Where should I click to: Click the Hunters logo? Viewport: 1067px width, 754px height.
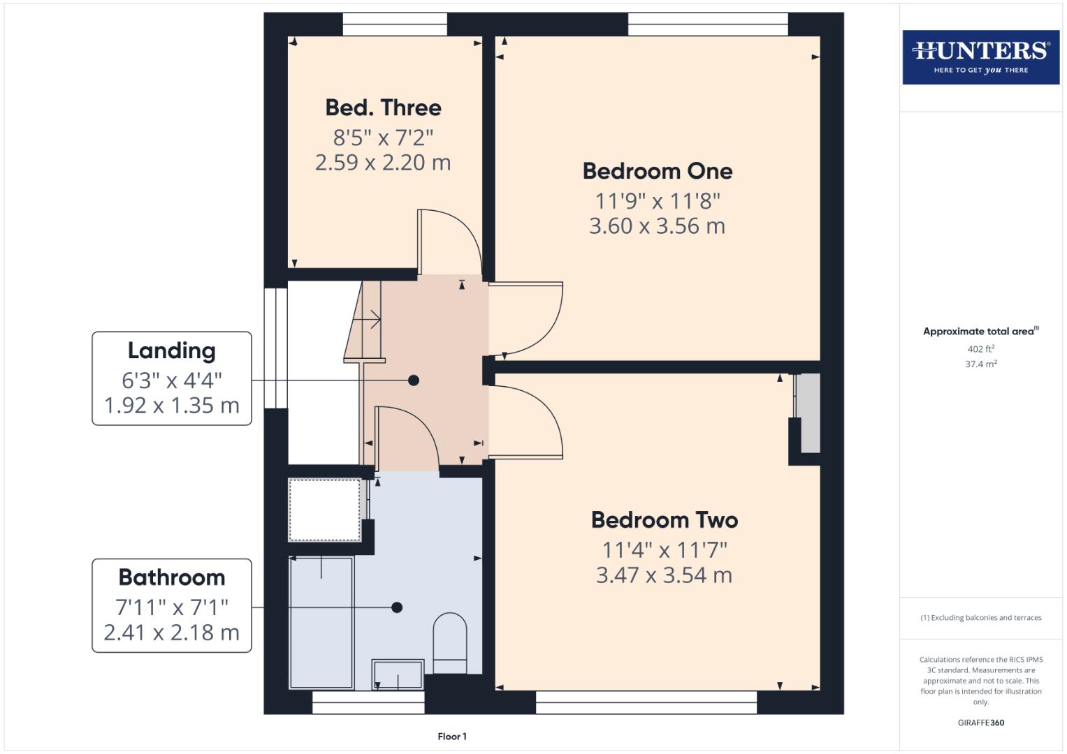point(980,57)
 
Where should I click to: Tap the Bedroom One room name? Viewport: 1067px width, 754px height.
point(657,171)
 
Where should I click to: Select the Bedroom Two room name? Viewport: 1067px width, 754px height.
point(664,520)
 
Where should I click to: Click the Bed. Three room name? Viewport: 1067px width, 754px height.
point(383,108)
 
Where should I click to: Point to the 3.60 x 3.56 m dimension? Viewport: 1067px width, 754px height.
point(657,226)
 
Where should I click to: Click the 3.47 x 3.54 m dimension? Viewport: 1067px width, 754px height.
point(664,575)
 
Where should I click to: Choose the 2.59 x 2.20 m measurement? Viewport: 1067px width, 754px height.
point(383,163)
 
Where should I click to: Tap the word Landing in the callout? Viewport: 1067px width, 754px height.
point(171,350)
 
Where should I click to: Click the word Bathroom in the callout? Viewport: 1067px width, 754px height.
point(171,577)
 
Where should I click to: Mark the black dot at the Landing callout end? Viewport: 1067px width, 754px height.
point(414,380)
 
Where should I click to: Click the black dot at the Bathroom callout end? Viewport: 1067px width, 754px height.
point(397,607)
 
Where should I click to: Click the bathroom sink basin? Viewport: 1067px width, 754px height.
point(398,674)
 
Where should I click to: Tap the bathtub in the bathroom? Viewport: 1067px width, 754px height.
point(321,621)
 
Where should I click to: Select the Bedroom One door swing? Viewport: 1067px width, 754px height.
point(528,318)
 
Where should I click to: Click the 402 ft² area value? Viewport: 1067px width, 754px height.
point(980,349)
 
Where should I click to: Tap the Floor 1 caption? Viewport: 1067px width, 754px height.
point(452,737)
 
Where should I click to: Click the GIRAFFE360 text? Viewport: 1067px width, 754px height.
point(980,723)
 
